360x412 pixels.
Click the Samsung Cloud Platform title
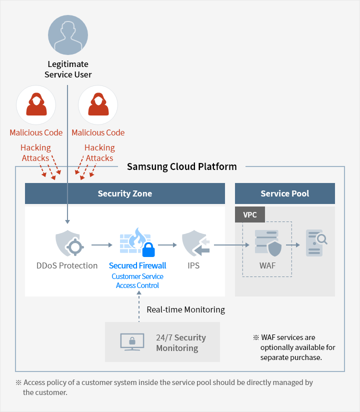coord(181,166)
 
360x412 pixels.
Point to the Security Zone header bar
coord(125,193)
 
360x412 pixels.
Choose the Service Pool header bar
coord(284,193)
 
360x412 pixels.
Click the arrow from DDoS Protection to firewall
coord(102,245)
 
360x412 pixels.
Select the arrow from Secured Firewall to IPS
coord(167,245)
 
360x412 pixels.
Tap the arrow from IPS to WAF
coord(231,245)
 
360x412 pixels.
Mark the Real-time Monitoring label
coord(185,309)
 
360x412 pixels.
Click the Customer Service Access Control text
coord(137,281)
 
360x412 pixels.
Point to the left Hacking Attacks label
coord(35,153)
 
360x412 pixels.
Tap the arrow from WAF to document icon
coord(293,245)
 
